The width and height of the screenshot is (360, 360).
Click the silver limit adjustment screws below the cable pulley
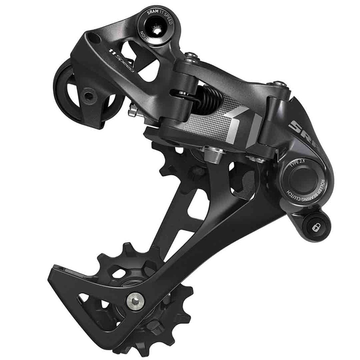coord(134,109)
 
